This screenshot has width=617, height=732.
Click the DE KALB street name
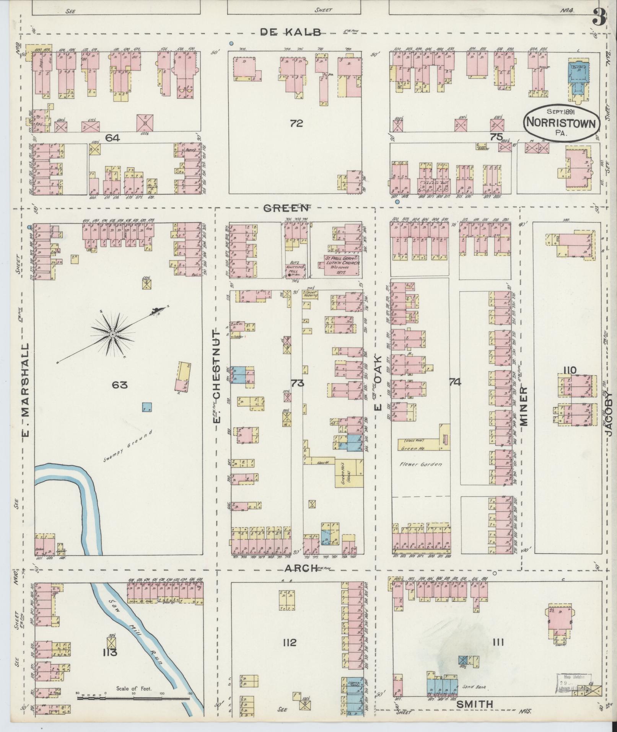coord(291,32)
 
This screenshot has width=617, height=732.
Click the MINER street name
coord(523,406)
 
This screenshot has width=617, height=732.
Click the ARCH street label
coord(301,568)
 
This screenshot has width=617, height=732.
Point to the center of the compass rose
coord(112,334)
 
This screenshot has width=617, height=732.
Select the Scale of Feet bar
coord(133,698)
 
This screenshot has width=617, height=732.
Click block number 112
coord(289,642)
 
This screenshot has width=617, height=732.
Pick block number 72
coord(296,123)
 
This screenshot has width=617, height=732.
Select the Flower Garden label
coord(421,464)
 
